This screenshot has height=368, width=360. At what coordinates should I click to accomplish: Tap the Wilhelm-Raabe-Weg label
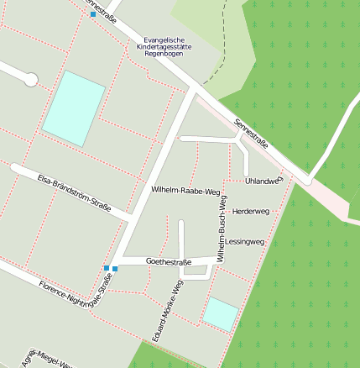tap(185, 191)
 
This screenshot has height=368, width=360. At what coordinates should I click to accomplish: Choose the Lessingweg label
tap(245, 241)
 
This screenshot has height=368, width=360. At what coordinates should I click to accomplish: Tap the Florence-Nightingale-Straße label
tap(76, 297)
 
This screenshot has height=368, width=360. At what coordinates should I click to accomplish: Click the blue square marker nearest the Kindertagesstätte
tap(92, 15)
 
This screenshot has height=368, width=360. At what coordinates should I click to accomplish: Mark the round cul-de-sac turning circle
tap(31, 80)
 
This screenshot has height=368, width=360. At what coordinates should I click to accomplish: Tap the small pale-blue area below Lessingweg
tap(220, 313)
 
